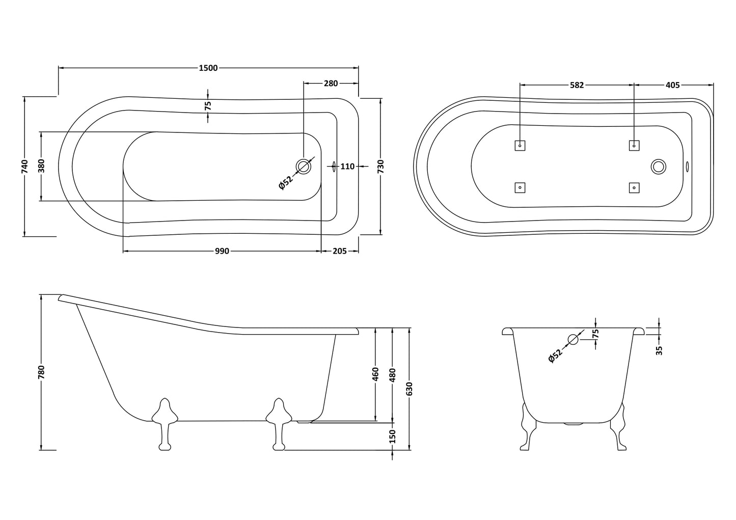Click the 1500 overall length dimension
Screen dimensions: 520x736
click(x=208, y=68)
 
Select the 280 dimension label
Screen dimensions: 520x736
click(x=331, y=84)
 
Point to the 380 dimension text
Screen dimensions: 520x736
click(x=42, y=167)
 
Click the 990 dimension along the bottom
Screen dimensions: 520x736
click(x=222, y=251)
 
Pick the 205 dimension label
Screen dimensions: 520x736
click(x=340, y=251)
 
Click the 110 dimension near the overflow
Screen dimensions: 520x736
click(x=347, y=167)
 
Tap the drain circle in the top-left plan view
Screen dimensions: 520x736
click(x=304, y=166)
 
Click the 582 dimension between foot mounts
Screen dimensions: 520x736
click(x=577, y=85)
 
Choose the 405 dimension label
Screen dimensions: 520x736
click(x=673, y=85)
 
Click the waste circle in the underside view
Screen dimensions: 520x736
click(x=659, y=166)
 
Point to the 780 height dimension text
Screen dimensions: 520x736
click(x=42, y=372)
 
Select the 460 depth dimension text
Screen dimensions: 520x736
click(x=375, y=374)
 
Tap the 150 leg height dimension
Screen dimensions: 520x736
click(x=392, y=436)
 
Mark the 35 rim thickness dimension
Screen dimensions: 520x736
click(x=659, y=350)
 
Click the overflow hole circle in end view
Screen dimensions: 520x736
click(x=574, y=339)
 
